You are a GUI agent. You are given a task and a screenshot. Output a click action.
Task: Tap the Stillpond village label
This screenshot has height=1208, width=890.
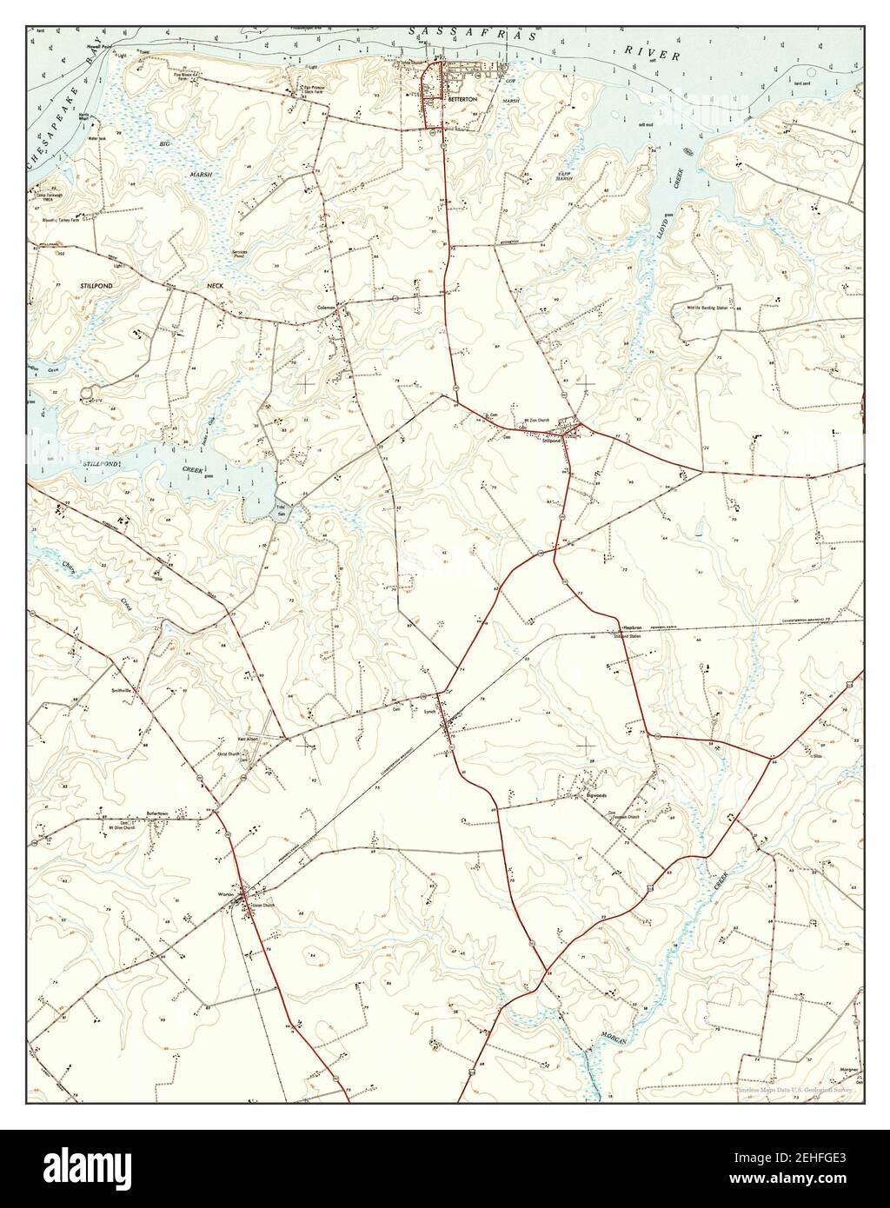[551, 441]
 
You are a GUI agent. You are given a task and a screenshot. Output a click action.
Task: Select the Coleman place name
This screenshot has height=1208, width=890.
[327, 309]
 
